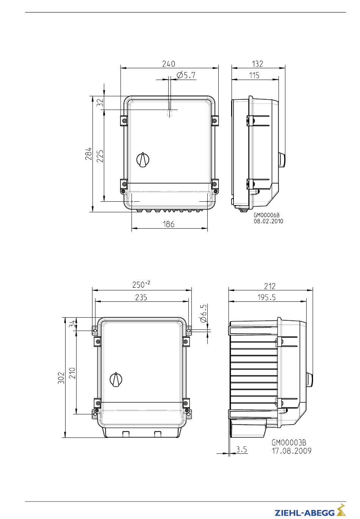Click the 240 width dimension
coord(168,64)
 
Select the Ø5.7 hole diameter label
coord(186,75)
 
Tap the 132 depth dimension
coord(257,64)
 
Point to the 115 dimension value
coord(254,75)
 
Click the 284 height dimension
coord(88,154)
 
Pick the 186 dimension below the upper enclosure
coord(168,224)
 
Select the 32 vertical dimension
coord(100,102)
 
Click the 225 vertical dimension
coord(100,156)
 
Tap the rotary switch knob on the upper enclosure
coord(143,159)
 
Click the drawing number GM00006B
coord(267,215)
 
